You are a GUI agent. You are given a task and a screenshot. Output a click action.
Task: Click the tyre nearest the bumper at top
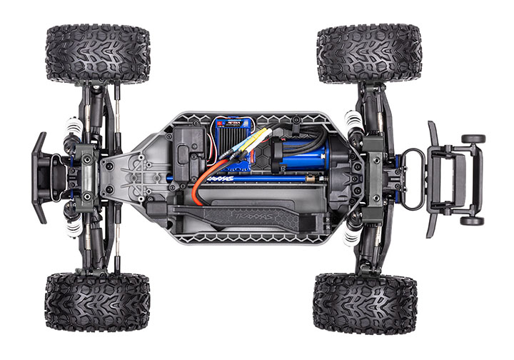pyautogui.click(x=98, y=54)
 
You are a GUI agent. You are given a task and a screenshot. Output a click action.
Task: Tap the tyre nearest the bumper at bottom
pyautogui.click(x=97, y=301)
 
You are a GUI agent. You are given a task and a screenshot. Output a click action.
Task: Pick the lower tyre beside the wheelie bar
pyautogui.click(x=364, y=303)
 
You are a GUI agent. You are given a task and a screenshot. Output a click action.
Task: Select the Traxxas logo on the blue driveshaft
pyautogui.click(x=239, y=179)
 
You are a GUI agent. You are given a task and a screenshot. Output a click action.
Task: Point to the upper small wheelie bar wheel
pyautogui.click(x=472, y=139)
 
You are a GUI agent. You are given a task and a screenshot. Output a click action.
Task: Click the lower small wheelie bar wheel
pyautogui.click(x=472, y=221)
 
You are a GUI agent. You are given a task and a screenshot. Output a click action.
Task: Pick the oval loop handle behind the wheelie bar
pyautogui.click(x=414, y=179)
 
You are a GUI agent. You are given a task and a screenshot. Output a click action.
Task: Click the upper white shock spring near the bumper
pyautogui.click(x=71, y=131)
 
